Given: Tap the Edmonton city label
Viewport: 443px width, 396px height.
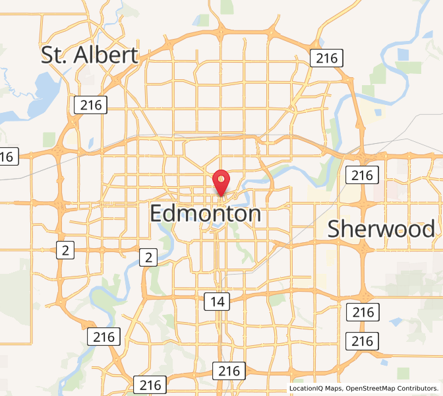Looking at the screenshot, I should (206, 214).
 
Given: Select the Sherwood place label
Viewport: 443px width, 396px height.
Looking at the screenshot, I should (381, 228).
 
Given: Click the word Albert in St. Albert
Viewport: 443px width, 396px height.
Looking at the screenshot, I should (105, 55).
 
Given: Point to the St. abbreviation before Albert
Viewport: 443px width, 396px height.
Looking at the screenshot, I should (54, 55).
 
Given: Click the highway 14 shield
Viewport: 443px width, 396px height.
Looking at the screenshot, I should (217, 302).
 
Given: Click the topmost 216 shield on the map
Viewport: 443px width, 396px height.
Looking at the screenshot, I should (326, 58).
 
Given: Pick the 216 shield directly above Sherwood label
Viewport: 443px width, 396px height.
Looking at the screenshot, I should (362, 175).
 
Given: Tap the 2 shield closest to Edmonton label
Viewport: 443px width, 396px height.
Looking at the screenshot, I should (149, 257).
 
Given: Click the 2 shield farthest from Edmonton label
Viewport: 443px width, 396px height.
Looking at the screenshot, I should (65, 249).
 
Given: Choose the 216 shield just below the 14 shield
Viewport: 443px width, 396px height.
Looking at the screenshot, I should (230, 370).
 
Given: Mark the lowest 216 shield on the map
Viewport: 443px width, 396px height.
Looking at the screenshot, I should (150, 385).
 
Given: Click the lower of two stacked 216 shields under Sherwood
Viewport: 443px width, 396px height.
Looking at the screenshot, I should (362, 341).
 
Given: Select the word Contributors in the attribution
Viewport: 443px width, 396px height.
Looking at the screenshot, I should (422, 389).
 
